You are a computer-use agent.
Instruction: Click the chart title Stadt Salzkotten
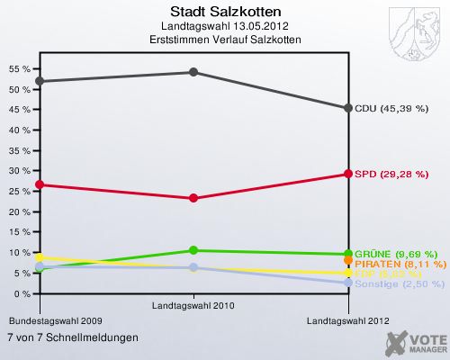tap(224, 12)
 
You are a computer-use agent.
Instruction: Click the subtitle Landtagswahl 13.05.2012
tap(224, 26)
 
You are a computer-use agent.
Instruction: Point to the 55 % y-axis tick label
tap(20, 69)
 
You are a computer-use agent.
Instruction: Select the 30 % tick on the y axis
tap(20, 171)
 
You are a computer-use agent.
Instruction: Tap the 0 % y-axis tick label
tap(22, 293)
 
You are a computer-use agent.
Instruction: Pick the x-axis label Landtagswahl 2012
tap(349, 320)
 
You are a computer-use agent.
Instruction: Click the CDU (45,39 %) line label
tap(391, 108)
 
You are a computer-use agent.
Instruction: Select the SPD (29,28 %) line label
tap(391, 174)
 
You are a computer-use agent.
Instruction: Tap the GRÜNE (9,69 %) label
tap(396, 254)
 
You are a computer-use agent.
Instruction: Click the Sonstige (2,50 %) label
tap(400, 283)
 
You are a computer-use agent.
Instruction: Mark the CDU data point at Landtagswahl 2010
tap(194, 72)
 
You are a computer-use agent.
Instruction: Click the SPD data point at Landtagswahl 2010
tap(194, 198)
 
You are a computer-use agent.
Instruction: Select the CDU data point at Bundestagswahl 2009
tap(40, 81)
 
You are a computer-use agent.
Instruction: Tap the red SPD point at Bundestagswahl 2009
tap(40, 184)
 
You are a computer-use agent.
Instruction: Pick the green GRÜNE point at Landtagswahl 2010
tap(194, 250)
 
